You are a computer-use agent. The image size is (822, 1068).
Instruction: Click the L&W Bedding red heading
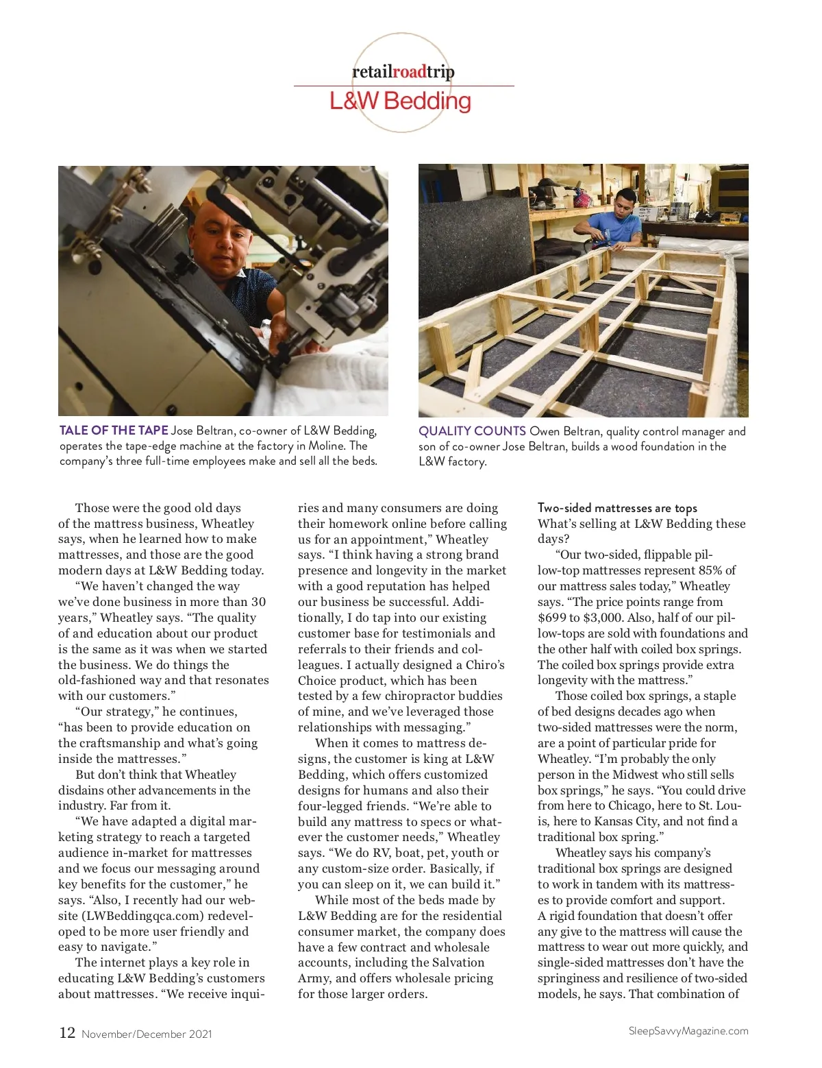400,101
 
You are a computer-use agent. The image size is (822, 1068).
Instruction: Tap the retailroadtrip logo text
403,71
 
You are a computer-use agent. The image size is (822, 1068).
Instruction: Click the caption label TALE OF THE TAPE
114,430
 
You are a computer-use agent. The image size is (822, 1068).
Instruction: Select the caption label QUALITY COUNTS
472,431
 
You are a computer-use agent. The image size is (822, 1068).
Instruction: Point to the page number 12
67,1033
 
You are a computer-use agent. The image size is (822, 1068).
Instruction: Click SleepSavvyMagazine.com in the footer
688,1031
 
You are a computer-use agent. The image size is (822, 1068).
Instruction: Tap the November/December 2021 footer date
147,1034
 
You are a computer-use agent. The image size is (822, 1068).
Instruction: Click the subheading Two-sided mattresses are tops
617,508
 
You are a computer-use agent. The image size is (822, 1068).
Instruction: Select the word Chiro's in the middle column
485,665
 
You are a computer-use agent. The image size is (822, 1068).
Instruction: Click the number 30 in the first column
258,602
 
